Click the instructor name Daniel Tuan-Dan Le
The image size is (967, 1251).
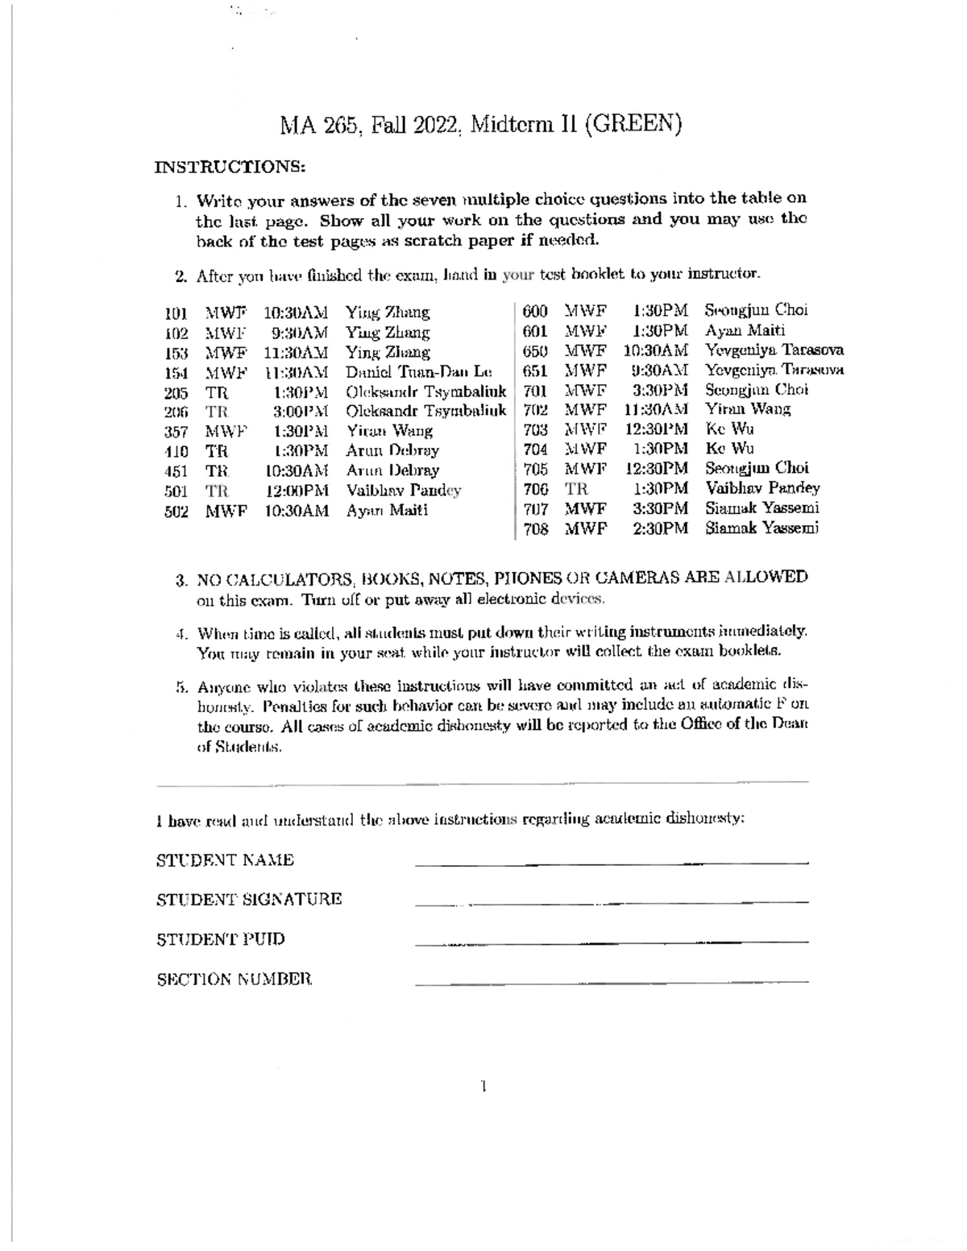click(418, 372)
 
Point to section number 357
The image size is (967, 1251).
click(176, 432)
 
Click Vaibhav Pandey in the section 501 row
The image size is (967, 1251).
click(404, 491)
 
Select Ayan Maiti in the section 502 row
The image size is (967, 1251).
click(387, 511)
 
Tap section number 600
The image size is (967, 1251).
click(536, 311)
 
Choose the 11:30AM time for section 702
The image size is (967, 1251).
click(655, 409)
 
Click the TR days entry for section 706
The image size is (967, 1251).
click(576, 488)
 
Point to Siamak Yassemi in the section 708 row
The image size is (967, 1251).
click(762, 528)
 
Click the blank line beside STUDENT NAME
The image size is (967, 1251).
click(611, 863)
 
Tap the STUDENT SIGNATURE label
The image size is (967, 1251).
click(249, 899)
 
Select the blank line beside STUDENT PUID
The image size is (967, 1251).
click(611, 941)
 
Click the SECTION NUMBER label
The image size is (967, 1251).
click(234, 980)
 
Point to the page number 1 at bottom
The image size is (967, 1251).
click(483, 1087)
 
